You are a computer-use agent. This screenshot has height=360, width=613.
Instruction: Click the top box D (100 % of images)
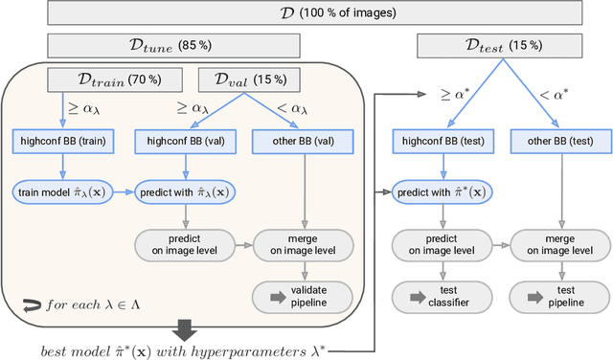click(306, 13)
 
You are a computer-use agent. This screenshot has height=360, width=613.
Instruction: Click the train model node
click(62, 191)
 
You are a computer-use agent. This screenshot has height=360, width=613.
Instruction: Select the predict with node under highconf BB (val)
click(185, 191)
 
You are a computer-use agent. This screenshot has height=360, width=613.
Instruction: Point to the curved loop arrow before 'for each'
click(32, 305)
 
